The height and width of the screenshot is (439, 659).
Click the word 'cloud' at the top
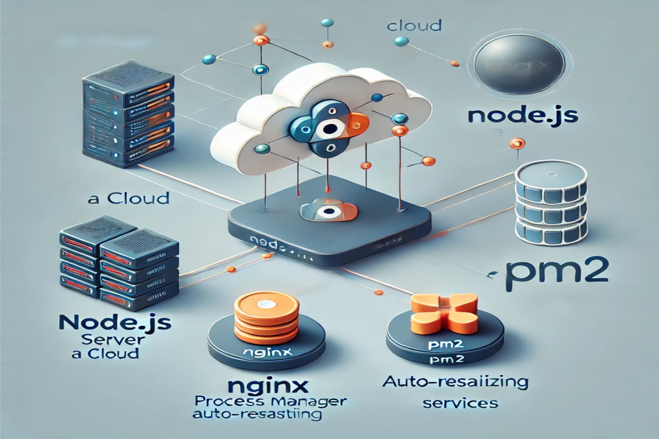414,26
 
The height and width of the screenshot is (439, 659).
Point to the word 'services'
460,403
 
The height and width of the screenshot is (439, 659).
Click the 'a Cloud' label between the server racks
129,199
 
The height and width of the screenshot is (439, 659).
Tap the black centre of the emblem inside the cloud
330,129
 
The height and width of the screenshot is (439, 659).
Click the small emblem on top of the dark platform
328,210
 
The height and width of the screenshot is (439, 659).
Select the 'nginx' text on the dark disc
266,352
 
